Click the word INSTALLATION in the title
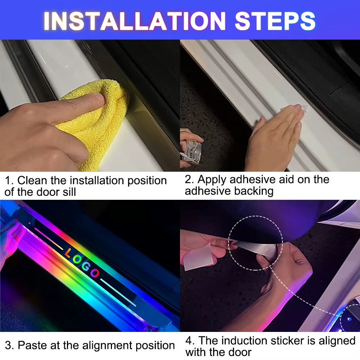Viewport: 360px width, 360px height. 135,21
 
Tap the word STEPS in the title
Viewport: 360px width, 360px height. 275,21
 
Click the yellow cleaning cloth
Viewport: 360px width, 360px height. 96,122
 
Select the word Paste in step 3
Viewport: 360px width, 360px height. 32,345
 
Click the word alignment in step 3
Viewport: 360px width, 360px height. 107,346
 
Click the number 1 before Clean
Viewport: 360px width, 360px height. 8,181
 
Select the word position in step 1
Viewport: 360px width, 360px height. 147,181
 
